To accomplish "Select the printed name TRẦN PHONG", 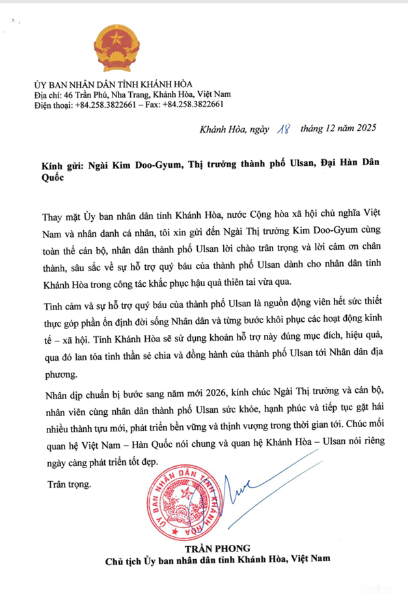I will point(219,547).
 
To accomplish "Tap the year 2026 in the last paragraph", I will point(204,395).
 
